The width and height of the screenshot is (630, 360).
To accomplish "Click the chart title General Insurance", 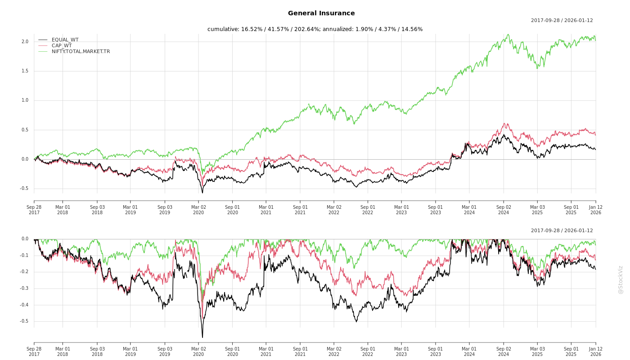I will click(321, 13).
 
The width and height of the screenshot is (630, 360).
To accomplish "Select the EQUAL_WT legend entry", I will click(65, 40).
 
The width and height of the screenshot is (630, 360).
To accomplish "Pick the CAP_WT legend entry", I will click(61, 45).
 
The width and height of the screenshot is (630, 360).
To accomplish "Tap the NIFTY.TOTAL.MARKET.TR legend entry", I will click(81, 51).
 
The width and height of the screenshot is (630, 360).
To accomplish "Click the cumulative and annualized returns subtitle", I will click(315, 29).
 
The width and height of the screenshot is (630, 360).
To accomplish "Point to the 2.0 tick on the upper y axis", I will click(25, 42).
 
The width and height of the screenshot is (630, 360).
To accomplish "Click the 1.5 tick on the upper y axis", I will click(25, 71).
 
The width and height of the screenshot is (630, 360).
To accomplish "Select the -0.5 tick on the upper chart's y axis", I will click(24, 189).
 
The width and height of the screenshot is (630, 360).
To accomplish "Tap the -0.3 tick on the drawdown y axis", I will click(24, 288).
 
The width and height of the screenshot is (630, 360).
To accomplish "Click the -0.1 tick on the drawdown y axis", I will click(24, 256).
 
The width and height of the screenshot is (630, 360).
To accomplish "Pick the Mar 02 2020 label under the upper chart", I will click(198, 210).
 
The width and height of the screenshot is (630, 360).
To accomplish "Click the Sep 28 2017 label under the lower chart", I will click(34, 351).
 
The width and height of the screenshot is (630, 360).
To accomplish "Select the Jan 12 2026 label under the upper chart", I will click(595, 210).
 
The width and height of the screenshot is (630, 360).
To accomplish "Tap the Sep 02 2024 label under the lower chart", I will click(504, 351).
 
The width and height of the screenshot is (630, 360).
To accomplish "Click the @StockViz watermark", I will click(621, 279).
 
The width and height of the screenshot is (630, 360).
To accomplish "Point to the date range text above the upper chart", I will click(562, 20).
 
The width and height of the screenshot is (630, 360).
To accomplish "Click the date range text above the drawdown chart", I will click(562, 230).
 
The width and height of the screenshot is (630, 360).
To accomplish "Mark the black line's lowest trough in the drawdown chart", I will click(202, 337).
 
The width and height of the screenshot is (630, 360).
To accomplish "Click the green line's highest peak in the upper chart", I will click(508, 34).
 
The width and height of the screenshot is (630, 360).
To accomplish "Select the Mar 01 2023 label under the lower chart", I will click(401, 351).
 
